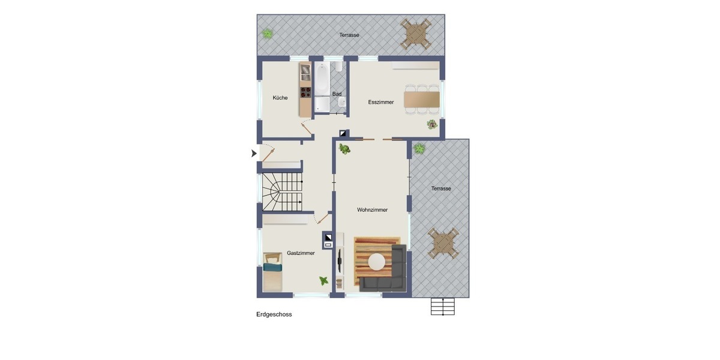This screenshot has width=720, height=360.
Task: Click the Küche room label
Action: click(x=280, y=98)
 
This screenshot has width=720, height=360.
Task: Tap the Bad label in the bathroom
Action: click(x=337, y=94)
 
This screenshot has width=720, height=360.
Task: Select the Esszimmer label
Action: click(x=381, y=102)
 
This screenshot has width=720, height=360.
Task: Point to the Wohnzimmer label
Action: click(x=372, y=210)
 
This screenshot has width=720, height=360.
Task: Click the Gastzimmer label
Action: click(x=301, y=253)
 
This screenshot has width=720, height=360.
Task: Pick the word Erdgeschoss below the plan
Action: click(x=274, y=314)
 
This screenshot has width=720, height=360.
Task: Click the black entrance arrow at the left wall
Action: click(x=254, y=154)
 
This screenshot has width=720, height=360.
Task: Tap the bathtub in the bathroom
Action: click(x=322, y=79)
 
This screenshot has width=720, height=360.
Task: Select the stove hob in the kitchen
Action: click(x=305, y=92)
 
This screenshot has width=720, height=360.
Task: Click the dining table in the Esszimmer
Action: click(x=422, y=100)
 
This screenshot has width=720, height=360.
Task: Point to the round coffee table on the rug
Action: click(x=377, y=262)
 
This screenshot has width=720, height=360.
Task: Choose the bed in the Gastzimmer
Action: click(x=272, y=272)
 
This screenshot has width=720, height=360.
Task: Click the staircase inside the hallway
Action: click(x=283, y=192)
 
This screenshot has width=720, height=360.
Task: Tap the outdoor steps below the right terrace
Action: click(x=443, y=307)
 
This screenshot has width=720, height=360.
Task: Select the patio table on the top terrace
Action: click(x=415, y=34)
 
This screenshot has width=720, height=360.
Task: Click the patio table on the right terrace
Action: click(x=443, y=244)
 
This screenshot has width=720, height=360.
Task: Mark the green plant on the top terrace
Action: click(x=268, y=34)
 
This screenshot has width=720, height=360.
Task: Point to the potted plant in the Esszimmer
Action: click(x=432, y=124)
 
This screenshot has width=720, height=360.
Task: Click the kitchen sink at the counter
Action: click(x=305, y=73)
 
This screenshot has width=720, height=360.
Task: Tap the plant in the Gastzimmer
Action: click(x=323, y=281)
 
